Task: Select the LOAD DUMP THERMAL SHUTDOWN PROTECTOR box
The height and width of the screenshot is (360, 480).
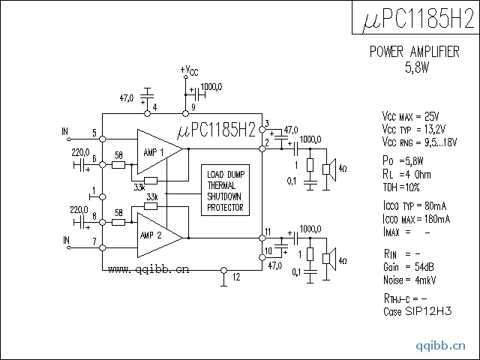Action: (226, 192)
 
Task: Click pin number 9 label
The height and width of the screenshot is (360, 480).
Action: (193, 107)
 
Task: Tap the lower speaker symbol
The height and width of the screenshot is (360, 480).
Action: (328, 259)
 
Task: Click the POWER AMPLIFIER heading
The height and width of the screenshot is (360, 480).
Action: (415, 52)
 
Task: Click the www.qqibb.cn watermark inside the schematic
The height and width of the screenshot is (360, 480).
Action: (148, 268)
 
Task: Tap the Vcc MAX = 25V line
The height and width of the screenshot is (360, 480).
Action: (410, 116)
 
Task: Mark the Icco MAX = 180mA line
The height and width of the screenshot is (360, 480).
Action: (416, 219)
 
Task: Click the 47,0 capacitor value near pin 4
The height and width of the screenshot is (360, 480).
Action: (127, 97)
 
